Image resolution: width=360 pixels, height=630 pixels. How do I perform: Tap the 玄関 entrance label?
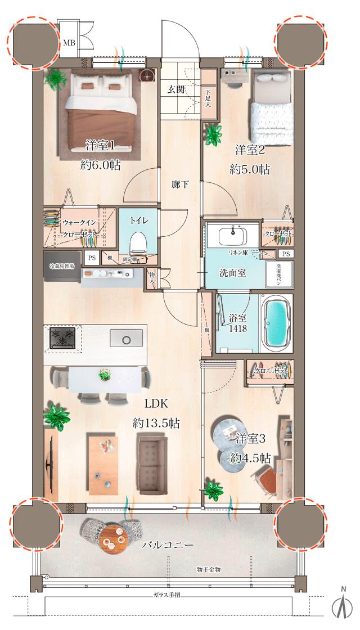(176, 89)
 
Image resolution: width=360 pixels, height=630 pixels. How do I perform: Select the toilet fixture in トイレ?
(138, 243)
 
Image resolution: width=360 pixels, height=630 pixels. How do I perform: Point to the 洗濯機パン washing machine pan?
(283, 273)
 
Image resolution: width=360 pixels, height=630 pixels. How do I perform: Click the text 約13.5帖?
(156, 423)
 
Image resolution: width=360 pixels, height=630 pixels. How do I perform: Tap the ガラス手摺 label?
(166, 595)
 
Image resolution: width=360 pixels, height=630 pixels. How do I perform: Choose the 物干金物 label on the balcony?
(209, 569)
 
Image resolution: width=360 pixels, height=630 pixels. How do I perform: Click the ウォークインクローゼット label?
(79, 228)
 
